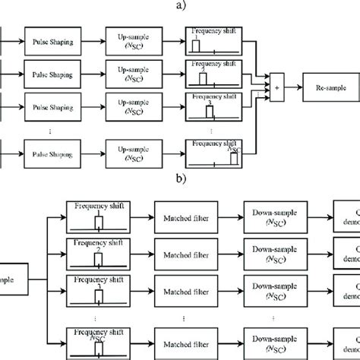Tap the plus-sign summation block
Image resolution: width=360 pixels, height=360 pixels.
coord(276,87)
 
